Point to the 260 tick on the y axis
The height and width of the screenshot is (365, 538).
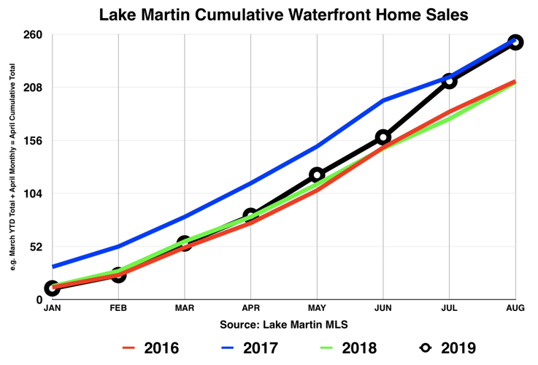point(33,35)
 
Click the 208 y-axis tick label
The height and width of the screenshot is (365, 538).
point(33,88)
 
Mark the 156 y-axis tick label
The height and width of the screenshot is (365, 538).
point(33,141)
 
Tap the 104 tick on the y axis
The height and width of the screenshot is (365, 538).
point(33,193)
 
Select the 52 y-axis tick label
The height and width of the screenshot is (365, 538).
point(36,247)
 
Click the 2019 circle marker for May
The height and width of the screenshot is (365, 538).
point(317,174)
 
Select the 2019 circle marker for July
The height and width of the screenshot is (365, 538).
point(449,80)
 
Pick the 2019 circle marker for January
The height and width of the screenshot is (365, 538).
point(52,288)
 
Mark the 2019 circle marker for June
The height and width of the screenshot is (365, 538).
point(383,137)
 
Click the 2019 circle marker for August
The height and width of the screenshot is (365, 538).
point(515,42)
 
